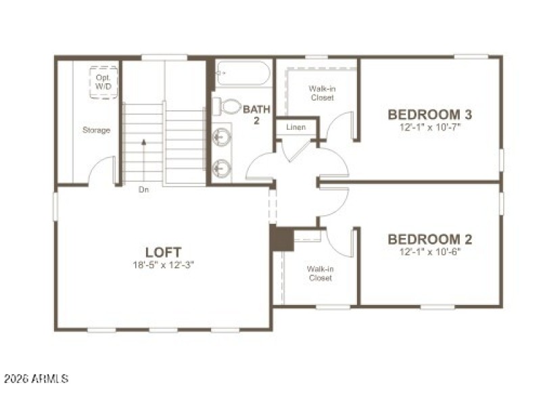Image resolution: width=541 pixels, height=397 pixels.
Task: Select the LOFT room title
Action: [164, 252]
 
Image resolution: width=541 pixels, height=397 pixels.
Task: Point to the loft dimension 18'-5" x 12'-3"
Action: [164, 264]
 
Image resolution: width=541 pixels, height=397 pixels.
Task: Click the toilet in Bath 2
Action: [230, 106]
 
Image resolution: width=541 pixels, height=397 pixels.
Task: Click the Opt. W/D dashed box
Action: [103, 82]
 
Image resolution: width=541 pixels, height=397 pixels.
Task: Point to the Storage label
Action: [96, 130]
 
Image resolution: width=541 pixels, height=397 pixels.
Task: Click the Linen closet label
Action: [296, 127]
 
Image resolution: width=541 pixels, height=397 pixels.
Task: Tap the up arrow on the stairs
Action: [143, 142]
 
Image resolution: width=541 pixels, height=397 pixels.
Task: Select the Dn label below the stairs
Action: [143, 190]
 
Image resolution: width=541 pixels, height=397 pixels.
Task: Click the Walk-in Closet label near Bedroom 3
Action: [321, 93]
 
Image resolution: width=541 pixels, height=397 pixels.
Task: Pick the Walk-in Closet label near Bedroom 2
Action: [320, 273]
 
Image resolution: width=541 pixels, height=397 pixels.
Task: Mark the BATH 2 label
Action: [256, 114]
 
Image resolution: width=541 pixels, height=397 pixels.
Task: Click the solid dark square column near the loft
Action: [281, 238]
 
